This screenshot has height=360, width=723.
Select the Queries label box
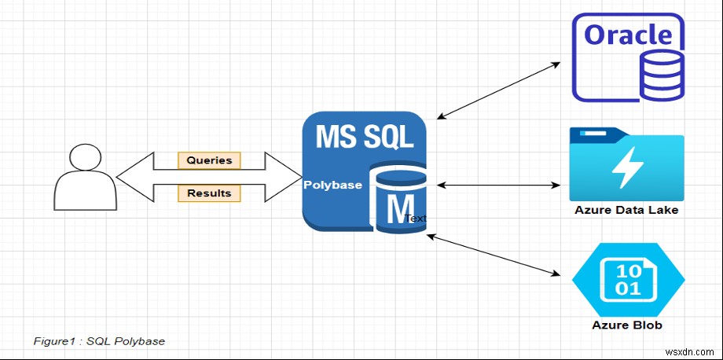tap(209, 160)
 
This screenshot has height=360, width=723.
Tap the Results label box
tap(209, 193)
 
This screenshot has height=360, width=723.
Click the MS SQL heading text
tap(364, 136)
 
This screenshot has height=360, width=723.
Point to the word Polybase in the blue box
tap(333, 186)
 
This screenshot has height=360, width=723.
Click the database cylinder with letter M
tap(400, 200)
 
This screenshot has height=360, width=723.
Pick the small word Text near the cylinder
tap(417, 219)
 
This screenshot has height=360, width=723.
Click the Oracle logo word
tap(629, 35)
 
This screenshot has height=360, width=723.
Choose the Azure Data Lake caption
tap(626, 211)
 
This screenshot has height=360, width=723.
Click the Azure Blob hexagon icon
tap(628, 280)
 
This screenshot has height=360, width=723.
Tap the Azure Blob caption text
tap(627, 325)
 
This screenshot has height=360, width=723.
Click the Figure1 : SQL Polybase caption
tap(99, 341)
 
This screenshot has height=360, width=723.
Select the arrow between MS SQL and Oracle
tap(498, 90)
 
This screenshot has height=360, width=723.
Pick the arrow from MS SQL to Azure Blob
tap(493, 254)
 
